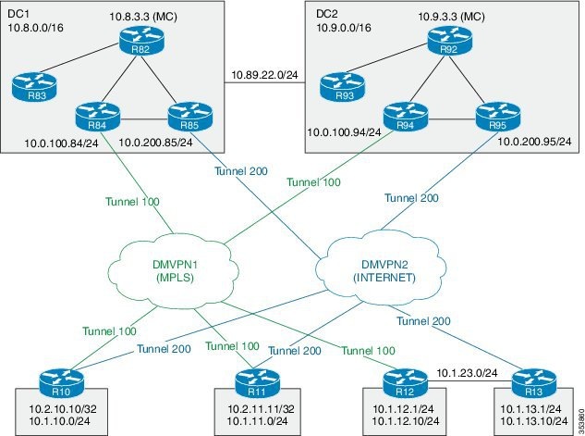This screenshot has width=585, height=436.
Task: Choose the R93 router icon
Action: pyautogui.click(x=345, y=88)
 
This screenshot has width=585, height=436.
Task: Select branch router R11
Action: pyautogui.click(x=250, y=380)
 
